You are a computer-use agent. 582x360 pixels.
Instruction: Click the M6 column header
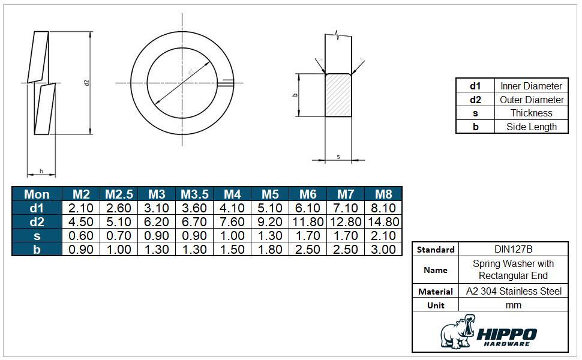tap(308, 194)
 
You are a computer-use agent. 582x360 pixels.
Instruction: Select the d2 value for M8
tap(383, 222)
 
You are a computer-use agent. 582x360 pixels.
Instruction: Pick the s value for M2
tap(81, 236)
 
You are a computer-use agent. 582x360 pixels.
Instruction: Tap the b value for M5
tap(270, 250)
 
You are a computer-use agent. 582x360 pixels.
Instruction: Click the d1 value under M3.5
tap(194, 208)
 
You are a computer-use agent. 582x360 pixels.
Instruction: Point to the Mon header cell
tap(37, 194)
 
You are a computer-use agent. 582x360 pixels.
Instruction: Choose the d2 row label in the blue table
tap(37, 222)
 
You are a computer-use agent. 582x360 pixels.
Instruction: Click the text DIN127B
tap(514, 249)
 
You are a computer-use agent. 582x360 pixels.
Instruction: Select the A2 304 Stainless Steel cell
tap(514, 291)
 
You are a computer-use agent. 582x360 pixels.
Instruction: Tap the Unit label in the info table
tap(436, 305)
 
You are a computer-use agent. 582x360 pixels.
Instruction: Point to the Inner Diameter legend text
tap(531, 86)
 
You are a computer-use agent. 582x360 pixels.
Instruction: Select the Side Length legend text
tap(531, 127)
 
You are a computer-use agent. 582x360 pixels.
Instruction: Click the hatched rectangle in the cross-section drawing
tap(338, 95)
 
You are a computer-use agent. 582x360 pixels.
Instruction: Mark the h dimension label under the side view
tap(41, 172)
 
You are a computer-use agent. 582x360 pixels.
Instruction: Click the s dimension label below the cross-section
tap(338, 157)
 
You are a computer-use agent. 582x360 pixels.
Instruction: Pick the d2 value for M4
tap(232, 222)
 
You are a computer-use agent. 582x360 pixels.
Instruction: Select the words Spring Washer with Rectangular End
tap(514, 270)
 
